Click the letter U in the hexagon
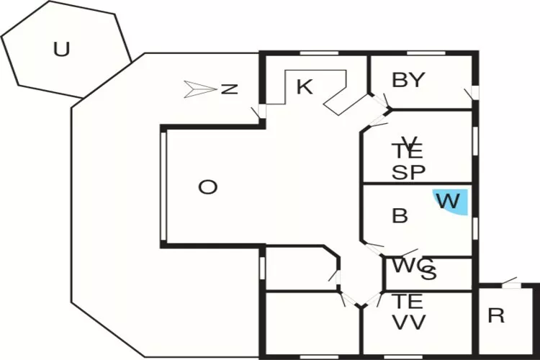pos(62,50)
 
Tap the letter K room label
pos(305,87)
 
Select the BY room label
pos(408,81)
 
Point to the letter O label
pos(207,187)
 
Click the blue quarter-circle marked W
pos(451,201)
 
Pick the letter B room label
pos(400,216)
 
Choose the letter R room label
pos(496,316)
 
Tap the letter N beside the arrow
pos(229,89)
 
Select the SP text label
pos(408,173)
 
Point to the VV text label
pos(408,322)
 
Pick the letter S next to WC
pos(429,273)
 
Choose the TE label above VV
pos(408,301)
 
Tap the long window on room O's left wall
pos(165,186)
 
